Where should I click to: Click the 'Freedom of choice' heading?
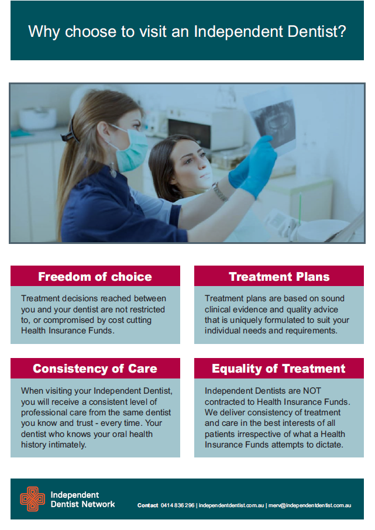click(x=95, y=277)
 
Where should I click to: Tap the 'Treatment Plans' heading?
click(x=279, y=277)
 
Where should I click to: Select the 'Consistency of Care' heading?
click(x=95, y=369)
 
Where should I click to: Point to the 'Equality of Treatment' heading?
click(x=278, y=369)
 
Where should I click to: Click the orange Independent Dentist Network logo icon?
click(x=32, y=499)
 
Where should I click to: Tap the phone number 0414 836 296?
click(x=177, y=505)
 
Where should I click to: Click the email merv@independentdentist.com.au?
click(x=309, y=505)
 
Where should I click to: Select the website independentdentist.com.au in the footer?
click(x=231, y=505)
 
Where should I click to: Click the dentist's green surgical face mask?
click(x=131, y=149)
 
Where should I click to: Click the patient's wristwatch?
click(x=220, y=192)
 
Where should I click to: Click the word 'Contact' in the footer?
click(x=148, y=505)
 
